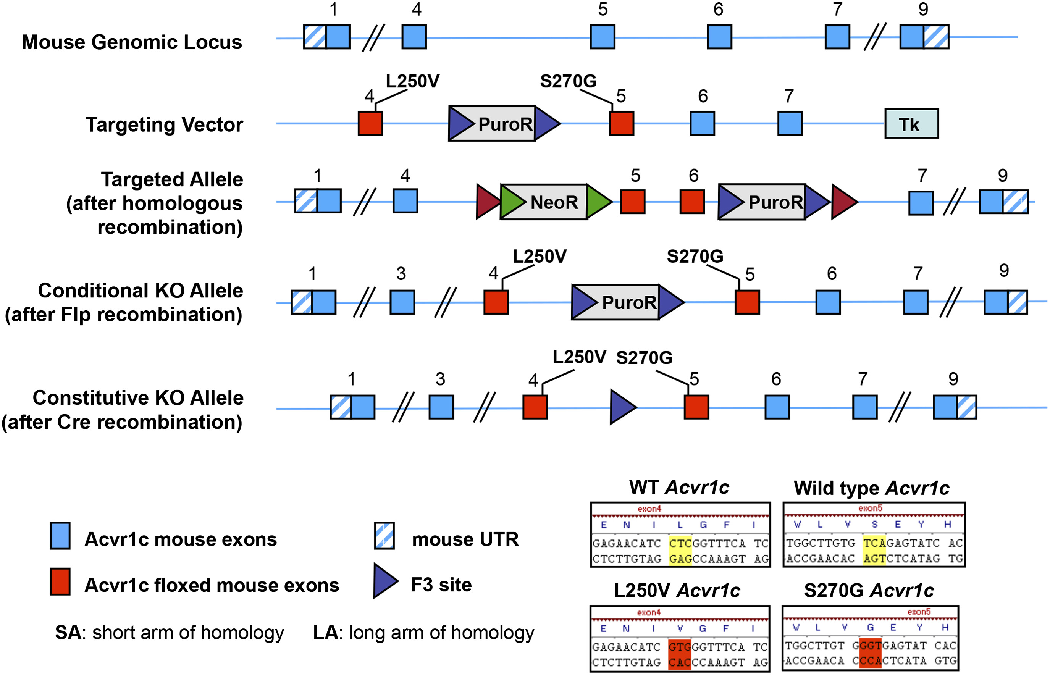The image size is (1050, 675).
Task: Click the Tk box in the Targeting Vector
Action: click(x=911, y=124)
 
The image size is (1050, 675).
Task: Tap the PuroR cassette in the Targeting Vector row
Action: click(x=504, y=124)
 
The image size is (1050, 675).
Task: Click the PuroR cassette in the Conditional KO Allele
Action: click(x=628, y=302)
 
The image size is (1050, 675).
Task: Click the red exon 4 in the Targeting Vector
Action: click(x=370, y=124)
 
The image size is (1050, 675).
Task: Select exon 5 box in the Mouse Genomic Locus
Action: click(x=603, y=37)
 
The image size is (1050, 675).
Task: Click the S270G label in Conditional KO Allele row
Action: click(x=695, y=257)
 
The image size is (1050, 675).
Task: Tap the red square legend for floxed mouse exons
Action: click(x=60, y=581)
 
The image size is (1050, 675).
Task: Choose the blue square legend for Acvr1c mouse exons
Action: click(x=60, y=536)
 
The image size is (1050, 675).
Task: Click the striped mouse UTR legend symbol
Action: click(x=384, y=536)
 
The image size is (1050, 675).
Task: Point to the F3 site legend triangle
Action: click(x=384, y=581)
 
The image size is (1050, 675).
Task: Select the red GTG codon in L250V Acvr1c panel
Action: click(x=679, y=647)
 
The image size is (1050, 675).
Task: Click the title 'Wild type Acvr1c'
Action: click(x=871, y=488)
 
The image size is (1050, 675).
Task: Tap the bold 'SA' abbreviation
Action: click(x=68, y=633)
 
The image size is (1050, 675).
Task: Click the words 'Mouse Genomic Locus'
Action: click(x=131, y=42)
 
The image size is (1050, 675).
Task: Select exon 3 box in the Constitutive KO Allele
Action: click(x=441, y=407)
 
